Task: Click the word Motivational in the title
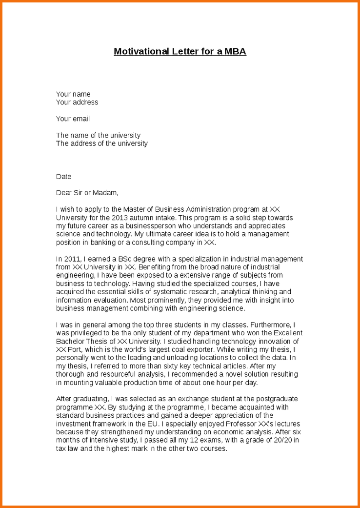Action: pyautogui.click(x=141, y=51)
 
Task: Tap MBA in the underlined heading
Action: pyautogui.click(x=235, y=51)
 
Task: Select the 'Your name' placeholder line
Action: pyautogui.click(x=73, y=94)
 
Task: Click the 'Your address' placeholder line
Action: pyautogui.click(x=77, y=102)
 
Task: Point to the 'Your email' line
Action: pyautogui.click(x=73, y=119)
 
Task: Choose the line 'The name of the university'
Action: pyautogui.click(x=98, y=135)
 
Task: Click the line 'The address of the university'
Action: pyautogui.click(x=101, y=143)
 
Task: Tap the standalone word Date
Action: pyautogui.click(x=63, y=177)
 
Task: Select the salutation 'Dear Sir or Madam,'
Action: pyautogui.click(x=87, y=193)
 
